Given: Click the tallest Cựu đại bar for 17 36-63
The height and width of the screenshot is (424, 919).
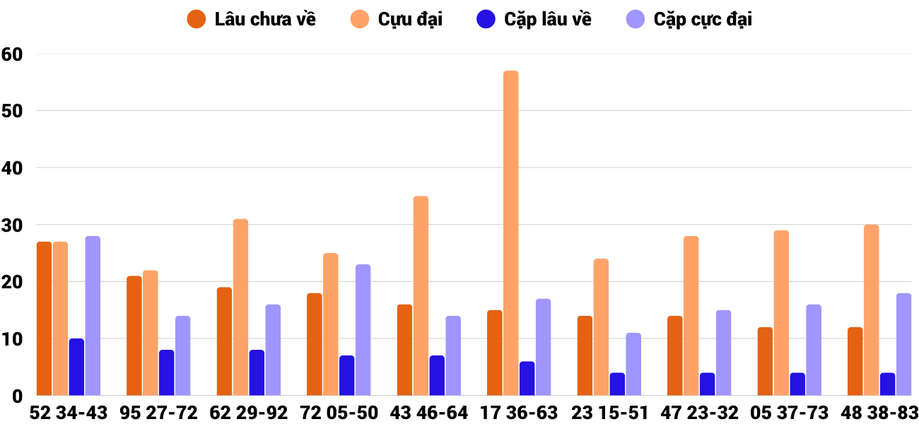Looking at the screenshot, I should coord(510,233).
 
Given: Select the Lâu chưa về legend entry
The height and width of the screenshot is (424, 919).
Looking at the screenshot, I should coord(252,19).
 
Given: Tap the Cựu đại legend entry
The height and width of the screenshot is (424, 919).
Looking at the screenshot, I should coord(397,19).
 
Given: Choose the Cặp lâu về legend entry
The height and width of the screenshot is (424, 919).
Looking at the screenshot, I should coord(534,19).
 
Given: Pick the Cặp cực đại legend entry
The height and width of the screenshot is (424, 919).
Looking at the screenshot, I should coord(689,19).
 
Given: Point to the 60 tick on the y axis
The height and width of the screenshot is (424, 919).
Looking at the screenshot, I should coord(13,54).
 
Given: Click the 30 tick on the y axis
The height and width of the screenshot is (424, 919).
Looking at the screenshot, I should coord(13,225).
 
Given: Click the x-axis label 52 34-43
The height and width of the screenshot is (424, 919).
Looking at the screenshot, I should coord(69,413).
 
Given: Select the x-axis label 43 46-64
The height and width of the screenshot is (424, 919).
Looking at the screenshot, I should coord(429,413).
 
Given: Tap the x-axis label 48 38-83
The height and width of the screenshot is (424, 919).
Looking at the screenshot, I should coord(879,413).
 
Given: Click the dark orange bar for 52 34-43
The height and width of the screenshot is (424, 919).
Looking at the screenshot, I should coord(44,319).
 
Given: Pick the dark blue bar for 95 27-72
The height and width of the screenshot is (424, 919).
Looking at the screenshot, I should coord(166,373).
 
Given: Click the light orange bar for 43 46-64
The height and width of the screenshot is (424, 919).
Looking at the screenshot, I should coord(421,296).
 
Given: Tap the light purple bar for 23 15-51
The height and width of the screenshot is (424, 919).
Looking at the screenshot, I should coord(633,365).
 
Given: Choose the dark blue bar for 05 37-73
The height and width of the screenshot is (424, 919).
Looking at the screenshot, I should coord(797,384).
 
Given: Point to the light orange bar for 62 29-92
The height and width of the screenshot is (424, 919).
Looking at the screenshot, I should coord(240,307).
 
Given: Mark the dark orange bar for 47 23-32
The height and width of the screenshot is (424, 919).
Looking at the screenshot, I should coord(675,356).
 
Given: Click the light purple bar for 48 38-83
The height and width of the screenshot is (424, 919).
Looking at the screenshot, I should coord(903,345).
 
